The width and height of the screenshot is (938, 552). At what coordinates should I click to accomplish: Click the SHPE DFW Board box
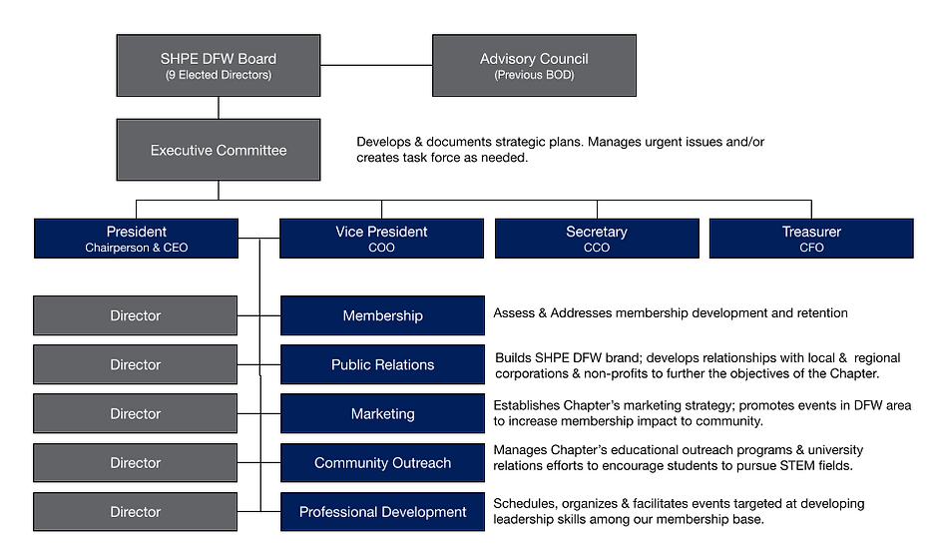click(219, 66)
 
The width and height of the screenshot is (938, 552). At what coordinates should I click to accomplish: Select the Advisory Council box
click(534, 66)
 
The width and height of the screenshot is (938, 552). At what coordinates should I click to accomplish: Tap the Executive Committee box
click(219, 151)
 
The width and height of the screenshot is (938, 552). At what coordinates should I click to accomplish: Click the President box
click(136, 239)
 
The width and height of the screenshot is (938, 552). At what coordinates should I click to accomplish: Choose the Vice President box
click(381, 239)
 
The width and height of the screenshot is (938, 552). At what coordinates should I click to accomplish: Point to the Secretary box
click(597, 239)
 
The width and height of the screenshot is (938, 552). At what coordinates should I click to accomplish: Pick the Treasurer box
click(811, 239)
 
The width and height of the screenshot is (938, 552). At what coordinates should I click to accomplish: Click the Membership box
click(382, 315)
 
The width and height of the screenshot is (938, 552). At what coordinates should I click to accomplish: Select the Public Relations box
click(382, 365)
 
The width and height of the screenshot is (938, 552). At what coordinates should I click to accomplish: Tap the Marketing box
click(382, 414)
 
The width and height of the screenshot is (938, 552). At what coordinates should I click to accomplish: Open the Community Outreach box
click(382, 463)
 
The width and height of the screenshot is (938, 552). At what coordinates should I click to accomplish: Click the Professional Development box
click(382, 512)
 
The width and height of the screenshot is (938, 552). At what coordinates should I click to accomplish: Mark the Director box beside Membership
click(136, 315)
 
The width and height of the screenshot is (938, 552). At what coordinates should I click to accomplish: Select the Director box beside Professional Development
click(136, 512)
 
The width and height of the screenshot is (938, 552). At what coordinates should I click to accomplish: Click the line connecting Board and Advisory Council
click(376, 66)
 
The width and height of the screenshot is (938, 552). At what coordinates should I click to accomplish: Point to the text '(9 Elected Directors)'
click(219, 75)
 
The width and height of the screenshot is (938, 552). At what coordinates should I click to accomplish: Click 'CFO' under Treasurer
click(811, 248)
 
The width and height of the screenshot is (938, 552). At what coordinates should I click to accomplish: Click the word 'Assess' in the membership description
click(515, 313)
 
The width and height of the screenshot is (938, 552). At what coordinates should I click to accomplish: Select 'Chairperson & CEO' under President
click(136, 248)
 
